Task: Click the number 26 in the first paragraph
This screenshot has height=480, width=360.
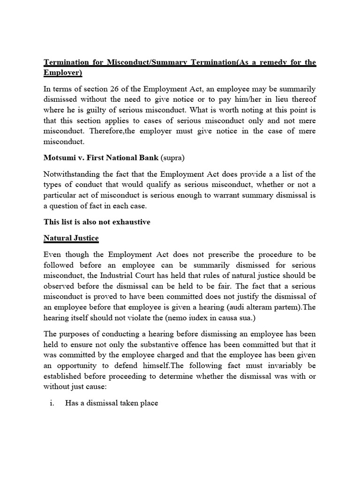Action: click(111, 89)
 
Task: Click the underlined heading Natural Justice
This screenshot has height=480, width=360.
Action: click(71, 238)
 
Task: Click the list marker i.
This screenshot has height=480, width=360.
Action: click(52, 403)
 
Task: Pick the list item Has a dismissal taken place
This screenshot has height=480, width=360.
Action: click(112, 403)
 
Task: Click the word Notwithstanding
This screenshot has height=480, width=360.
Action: click(71, 174)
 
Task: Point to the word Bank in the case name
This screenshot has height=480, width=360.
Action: click(152, 157)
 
